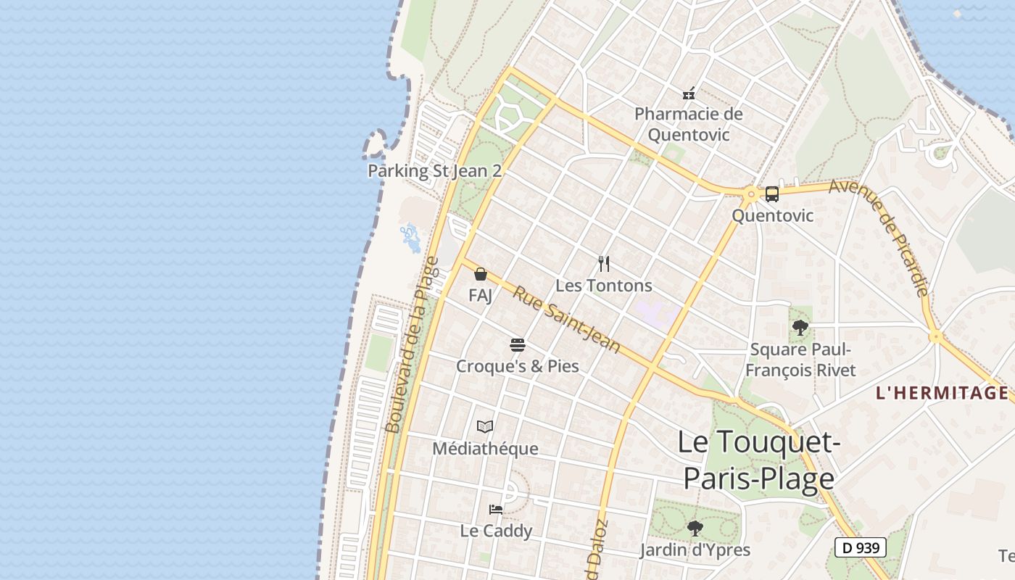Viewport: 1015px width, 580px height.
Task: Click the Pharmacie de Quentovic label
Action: pos(688,124)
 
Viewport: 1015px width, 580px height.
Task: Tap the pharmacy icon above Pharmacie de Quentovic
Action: pos(689,94)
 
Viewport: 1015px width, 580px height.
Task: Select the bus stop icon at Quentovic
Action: pos(772,194)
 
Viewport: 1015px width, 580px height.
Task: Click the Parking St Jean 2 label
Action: pos(434,171)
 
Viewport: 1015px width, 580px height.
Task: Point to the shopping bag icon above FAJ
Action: pos(480,274)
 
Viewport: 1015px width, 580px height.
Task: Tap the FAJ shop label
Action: pos(480,295)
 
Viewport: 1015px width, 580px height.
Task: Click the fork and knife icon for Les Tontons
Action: pos(603,264)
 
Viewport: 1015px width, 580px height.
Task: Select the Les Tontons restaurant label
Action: pos(603,286)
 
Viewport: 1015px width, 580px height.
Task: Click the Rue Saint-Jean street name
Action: pos(567,320)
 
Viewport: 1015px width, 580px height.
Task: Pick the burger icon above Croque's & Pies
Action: pos(517,344)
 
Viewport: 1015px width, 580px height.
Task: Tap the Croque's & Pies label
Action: pos(517,366)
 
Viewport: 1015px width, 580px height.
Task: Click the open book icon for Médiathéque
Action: pos(485,427)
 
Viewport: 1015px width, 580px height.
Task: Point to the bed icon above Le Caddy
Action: pos(496,509)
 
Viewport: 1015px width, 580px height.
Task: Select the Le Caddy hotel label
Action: pos(496,531)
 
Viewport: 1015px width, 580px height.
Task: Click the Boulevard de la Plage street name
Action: pos(412,345)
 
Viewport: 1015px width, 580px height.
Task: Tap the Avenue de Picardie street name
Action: pos(879,237)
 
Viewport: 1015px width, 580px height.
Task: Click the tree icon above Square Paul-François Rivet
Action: pos(800,328)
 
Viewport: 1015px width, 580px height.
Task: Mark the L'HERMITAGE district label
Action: pos(942,393)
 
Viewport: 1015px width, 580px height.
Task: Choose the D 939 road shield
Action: pos(861,547)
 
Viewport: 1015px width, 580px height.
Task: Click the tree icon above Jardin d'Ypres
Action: pos(695,528)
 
